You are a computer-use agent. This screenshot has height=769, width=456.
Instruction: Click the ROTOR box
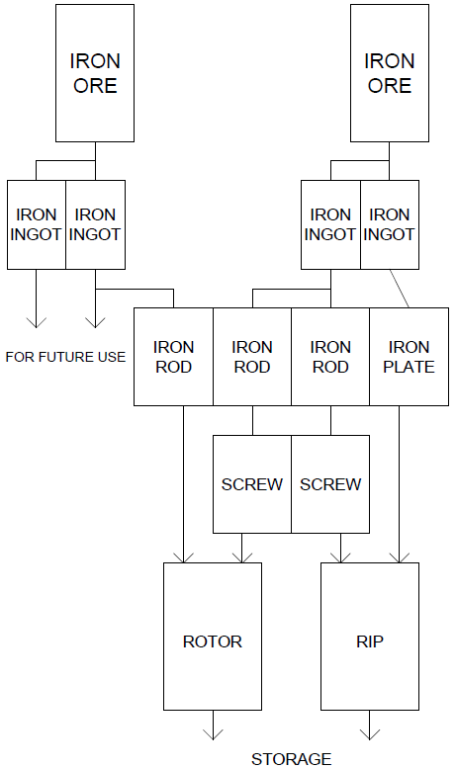point(213,637)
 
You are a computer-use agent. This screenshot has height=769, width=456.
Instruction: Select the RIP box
point(370,637)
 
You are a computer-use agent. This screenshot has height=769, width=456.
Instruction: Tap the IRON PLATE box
point(409,357)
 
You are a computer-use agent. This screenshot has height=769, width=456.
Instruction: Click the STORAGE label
point(292,759)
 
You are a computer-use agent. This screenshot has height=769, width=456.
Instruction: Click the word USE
point(115,357)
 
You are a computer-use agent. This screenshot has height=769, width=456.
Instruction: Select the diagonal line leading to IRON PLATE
point(399,289)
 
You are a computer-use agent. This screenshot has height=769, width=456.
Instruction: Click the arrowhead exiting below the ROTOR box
point(213,734)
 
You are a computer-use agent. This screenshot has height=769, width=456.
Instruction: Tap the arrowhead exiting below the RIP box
point(370,734)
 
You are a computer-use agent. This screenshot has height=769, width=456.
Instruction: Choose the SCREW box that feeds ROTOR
point(252,484)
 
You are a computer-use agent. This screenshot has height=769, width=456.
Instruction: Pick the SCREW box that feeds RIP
point(330,484)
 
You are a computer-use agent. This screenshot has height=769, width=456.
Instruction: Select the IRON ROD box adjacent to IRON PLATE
point(330,357)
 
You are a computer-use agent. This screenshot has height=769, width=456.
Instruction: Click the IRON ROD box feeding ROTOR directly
point(173,357)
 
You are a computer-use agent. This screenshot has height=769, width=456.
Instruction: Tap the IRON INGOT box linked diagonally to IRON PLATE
point(390,224)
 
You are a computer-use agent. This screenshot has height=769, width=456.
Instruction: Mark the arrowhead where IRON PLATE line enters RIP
point(399,557)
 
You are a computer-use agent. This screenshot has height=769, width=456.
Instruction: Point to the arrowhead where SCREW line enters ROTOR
point(242,557)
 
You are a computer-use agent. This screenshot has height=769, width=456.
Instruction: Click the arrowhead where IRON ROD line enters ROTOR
point(184,557)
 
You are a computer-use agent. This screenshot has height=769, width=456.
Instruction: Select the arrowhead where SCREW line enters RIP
point(340,557)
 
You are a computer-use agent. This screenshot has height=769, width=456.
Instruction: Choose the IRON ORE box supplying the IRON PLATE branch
point(390,73)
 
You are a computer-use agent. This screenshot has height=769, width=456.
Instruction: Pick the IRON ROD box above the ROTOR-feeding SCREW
point(252,357)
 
